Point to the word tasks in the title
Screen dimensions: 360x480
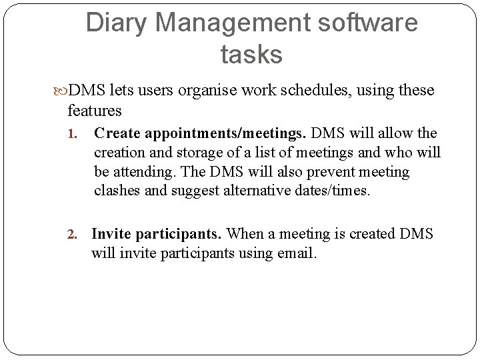coord(251,55)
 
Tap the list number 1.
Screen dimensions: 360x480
coord(75,134)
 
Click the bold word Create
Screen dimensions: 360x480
coord(115,133)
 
